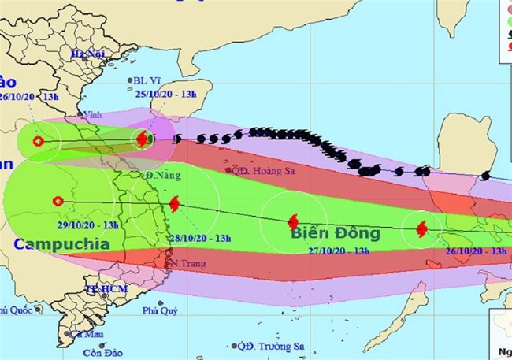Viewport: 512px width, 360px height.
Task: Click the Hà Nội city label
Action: pos(87,54)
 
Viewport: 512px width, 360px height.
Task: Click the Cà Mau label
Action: pos(87,334)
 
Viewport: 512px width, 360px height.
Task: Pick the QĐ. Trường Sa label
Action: pos(273,346)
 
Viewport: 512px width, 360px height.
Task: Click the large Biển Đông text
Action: pos(336,233)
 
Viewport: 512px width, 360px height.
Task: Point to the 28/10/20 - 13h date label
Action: pos(198,238)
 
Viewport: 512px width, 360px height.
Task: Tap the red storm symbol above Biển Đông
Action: pos(293,222)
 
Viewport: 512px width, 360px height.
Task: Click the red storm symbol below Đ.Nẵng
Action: pos(173,203)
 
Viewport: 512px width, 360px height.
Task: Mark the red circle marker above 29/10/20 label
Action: pos(57,201)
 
